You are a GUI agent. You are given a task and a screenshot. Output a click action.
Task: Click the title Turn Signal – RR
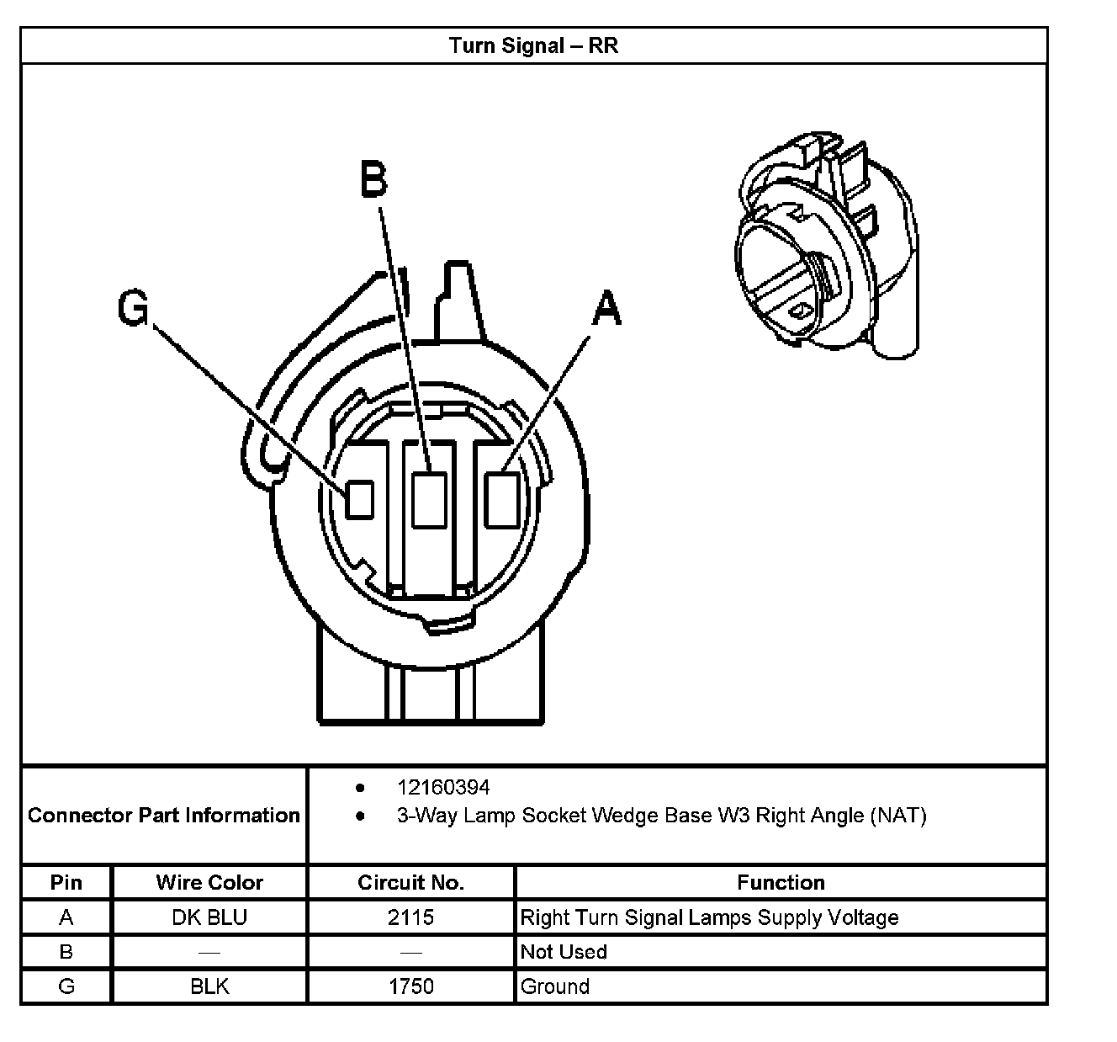click(533, 45)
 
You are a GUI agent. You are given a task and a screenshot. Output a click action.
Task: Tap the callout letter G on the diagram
click(133, 308)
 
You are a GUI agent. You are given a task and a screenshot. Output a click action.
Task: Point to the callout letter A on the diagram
click(606, 308)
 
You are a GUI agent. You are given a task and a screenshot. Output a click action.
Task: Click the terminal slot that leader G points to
click(360, 499)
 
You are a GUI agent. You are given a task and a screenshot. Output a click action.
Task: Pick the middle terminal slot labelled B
click(429, 500)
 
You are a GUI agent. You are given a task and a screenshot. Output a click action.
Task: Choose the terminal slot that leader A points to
click(502, 500)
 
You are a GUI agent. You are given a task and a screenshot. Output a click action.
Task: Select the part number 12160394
click(443, 788)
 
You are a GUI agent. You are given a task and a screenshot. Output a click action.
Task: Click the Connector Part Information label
click(164, 816)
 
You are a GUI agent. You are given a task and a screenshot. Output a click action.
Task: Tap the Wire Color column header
click(209, 883)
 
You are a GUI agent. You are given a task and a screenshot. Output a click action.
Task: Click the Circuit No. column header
click(410, 883)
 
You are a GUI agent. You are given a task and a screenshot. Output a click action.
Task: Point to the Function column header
click(781, 883)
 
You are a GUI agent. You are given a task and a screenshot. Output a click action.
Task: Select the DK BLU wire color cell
click(209, 917)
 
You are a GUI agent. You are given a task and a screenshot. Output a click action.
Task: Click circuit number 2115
click(410, 917)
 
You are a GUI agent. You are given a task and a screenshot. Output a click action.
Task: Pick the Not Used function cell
click(564, 952)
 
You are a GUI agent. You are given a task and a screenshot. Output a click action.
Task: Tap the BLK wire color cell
click(209, 986)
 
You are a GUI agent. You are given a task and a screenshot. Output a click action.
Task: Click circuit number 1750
click(410, 986)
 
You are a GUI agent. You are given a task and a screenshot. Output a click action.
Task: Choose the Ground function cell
click(555, 986)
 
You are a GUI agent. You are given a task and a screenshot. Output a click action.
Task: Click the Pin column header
click(66, 883)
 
